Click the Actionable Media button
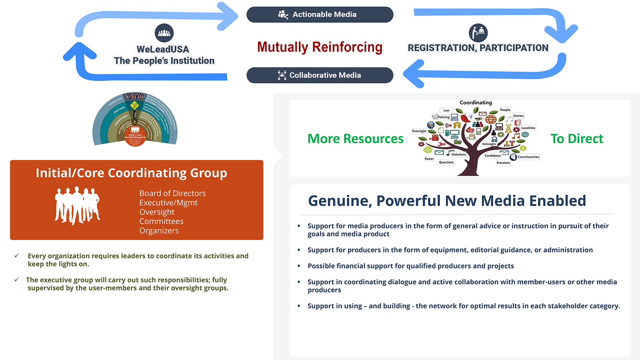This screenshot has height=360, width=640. tap(320, 14)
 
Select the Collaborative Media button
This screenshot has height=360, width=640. tap(320, 75)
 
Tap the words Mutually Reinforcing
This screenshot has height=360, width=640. tap(320, 47)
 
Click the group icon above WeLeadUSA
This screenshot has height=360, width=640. tap(164, 33)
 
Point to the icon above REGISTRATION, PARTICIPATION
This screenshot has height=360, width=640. tap(478, 33)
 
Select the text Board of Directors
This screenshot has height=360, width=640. tap(172, 193)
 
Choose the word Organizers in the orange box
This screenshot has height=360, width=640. tap(159, 231)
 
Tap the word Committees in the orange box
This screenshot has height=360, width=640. tap(161, 221)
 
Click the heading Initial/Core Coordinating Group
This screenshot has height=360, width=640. tap(131, 173)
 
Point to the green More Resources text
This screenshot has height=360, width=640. tap(355, 139)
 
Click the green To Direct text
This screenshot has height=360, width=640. tap(576, 139)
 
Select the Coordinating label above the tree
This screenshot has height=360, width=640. tap(476, 103)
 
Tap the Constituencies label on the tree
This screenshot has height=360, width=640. tap(528, 157)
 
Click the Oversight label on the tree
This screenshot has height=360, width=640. tap(419, 131)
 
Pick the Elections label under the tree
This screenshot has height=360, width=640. tap(503, 163)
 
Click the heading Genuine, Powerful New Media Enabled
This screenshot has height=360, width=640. tap(447, 200)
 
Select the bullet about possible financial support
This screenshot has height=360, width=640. tap(410, 266)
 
